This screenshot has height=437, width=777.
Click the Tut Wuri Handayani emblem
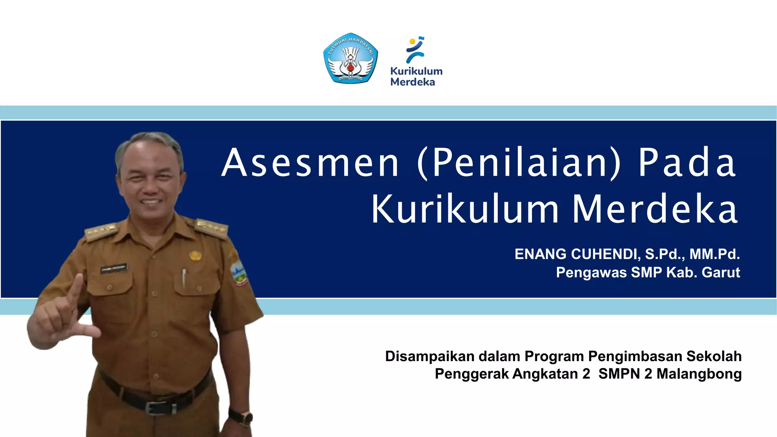[x=351, y=58]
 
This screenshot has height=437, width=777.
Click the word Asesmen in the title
[x=310, y=163]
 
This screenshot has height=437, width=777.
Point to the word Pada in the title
[x=687, y=163]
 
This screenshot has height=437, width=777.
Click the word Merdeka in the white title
[x=655, y=210]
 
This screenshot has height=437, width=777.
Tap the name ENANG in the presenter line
[x=540, y=254]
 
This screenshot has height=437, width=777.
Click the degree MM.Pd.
[x=714, y=254]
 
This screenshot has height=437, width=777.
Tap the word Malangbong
[x=699, y=374]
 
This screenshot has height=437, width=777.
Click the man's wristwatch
[x=241, y=417]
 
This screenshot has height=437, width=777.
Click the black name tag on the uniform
[x=113, y=269]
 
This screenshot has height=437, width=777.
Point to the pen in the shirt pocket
[x=184, y=277]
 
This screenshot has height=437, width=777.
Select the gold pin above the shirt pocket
[x=195, y=255]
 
